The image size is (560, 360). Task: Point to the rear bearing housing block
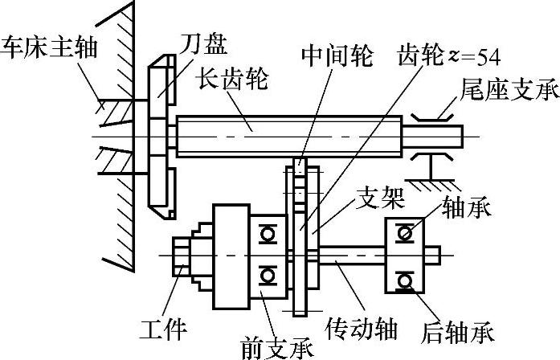pyautogui.click(x=408, y=255)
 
